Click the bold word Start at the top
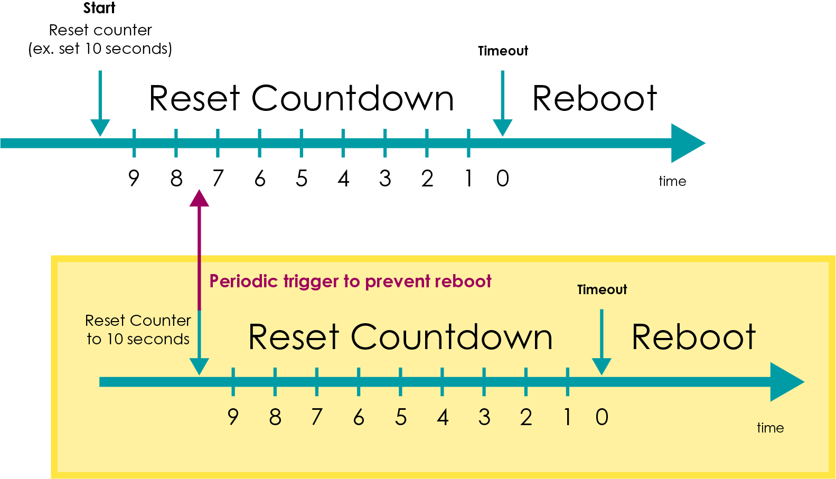pyautogui.click(x=99, y=8)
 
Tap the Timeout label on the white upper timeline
pyautogui.click(x=503, y=51)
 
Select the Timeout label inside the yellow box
pyautogui.click(x=602, y=290)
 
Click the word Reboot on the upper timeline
pyautogui.click(x=595, y=99)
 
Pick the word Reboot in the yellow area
pyautogui.click(x=693, y=337)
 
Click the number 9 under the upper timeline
pyautogui.click(x=134, y=179)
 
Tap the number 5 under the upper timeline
pyautogui.click(x=302, y=179)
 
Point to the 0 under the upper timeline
pyautogui.click(x=502, y=179)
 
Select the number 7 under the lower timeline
pyautogui.click(x=316, y=417)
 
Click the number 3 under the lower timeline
pyautogui.click(x=484, y=417)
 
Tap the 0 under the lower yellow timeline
pyautogui.click(x=602, y=417)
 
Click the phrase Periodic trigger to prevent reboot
pyautogui.click(x=350, y=281)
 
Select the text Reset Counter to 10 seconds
pyautogui.click(x=138, y=330)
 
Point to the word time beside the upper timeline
pyautogui.click(x=672, y=181)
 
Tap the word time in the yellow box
pyautogui.click(x=770, y=428)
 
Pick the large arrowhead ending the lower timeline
pyautogui.click(x=785, y=382)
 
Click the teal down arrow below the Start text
pyautogui.click(x=100, y=106)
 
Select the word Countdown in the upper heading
pyautogui.click(x=352, y=99)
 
